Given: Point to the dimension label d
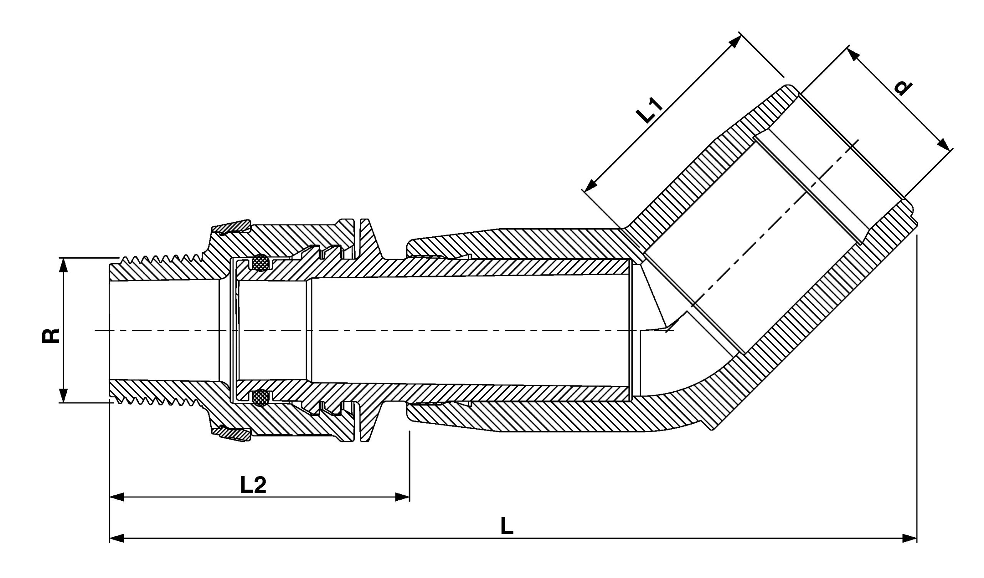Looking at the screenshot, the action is (x=903, y=88).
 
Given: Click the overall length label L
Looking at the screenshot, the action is (x=507, y=526).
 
